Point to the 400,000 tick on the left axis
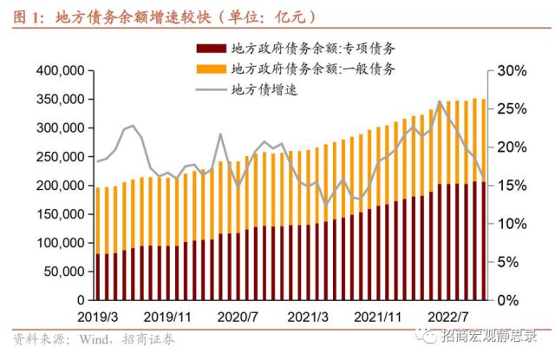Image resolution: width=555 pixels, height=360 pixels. pos(60,70)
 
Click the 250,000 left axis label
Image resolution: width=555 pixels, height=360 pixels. pos(60,156)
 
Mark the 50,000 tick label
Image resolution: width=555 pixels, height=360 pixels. pos(63,272)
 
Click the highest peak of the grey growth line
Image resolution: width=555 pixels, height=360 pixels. pos(441,101)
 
